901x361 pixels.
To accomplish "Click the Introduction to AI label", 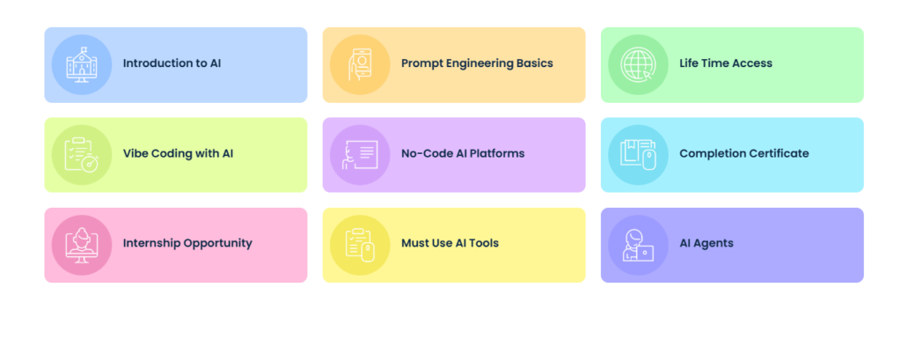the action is (x=172, y=63).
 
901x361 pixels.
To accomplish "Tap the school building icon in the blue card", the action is (x=82, y=64).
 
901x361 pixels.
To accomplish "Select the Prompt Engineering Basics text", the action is (x=477, y=63).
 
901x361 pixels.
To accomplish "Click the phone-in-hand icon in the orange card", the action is (x=360, y=64).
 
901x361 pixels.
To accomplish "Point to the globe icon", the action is (x=638, y=64).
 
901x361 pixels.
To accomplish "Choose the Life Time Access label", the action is (x=726, y=63).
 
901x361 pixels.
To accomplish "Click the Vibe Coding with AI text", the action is (x=178, y=154).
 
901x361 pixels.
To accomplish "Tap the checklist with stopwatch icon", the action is (x=81, y=155).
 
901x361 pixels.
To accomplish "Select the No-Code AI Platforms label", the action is (x=463, y=153).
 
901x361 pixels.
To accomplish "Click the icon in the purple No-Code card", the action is (x=360, y=155).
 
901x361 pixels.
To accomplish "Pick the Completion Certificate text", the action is (x=744, y=154).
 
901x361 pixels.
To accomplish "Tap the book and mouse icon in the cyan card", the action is (x=638, y=155).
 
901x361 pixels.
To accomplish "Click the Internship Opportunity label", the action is (x=187, y=244).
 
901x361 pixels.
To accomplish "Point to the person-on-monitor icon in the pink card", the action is (x=82, y=246).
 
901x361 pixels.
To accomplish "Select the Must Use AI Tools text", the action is (x=450, y=243).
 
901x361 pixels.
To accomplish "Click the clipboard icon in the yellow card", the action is (x=360, y=245).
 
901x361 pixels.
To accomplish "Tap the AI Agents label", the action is (x=707, y=244).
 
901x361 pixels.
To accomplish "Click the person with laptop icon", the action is (x=638, y=246).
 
